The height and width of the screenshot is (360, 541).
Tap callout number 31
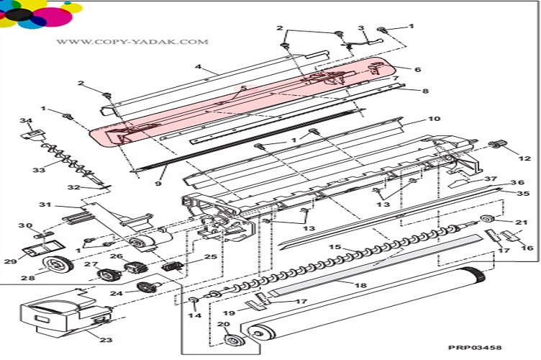44,205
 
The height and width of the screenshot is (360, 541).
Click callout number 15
334,248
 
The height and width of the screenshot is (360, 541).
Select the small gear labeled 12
494,146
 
